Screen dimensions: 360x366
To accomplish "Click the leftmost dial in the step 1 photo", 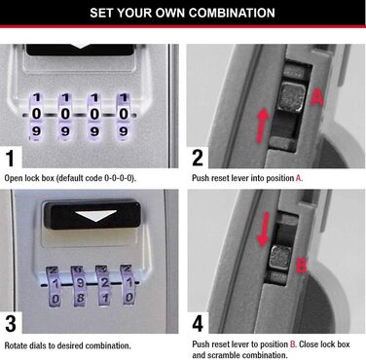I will [37, 114].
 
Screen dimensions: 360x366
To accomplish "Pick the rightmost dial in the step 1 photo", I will [125, 114].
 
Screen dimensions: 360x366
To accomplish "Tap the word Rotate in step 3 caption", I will [17, 345].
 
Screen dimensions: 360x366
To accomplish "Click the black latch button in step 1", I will [83, 49].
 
